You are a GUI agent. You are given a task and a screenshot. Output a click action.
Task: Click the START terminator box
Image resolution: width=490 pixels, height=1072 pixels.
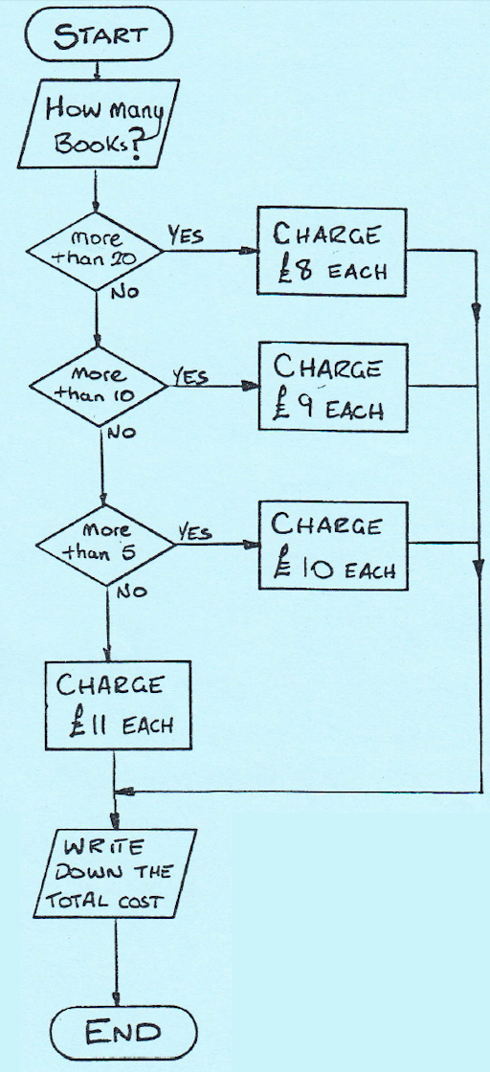click(99, 34)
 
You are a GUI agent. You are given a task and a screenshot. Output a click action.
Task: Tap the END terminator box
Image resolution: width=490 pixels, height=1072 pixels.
click(123, 1032)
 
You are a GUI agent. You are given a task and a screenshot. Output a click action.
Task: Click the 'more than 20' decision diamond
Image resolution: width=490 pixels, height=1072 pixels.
click(95, 250)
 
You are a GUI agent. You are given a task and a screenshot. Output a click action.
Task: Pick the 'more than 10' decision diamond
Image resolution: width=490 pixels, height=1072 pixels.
click(99, 386)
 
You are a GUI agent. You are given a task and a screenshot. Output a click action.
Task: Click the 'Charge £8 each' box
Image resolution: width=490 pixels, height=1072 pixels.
click(332, 252)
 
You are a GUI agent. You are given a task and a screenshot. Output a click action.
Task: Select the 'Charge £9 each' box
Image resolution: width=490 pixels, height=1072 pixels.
click(333, 387)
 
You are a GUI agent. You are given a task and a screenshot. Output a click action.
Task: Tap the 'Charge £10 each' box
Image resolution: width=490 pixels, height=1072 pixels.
click(333, 546)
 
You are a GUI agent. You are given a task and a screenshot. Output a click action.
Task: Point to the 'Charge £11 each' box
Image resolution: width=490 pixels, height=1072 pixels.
click(117, 704)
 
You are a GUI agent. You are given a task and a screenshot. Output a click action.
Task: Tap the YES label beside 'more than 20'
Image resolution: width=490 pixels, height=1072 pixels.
click(186, 235)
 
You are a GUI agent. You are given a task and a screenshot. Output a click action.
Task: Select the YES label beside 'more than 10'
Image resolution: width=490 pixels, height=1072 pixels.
click(190, 375)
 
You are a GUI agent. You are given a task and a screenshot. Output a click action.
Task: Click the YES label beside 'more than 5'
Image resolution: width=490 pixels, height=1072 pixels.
click(195, 532)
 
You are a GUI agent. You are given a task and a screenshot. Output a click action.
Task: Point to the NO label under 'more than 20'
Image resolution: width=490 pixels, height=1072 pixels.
click(123, 293)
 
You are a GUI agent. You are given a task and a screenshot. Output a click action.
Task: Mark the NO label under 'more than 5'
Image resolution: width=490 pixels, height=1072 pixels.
click(131, 592)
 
